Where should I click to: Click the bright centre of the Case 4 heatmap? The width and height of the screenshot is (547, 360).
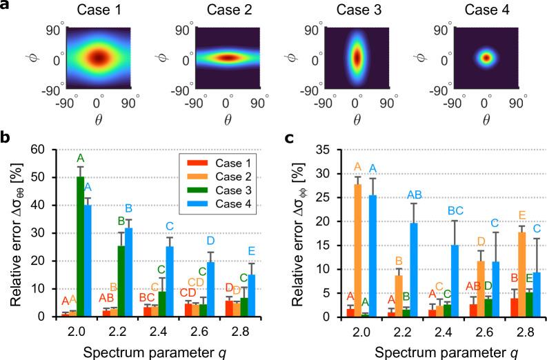coord(486,57)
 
